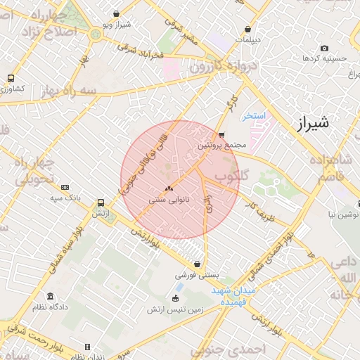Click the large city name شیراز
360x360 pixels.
coord(309,125)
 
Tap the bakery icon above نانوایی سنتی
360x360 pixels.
coord(168,188)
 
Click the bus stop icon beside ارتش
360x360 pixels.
coord(102,201)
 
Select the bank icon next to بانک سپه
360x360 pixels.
coord(65,187)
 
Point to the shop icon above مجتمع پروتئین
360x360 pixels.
coord(221,134)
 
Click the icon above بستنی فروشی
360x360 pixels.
coord(197,264)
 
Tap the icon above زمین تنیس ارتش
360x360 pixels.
coord(175,297)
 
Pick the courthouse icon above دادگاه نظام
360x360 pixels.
coord(49,296)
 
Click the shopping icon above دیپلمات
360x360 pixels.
coord(247,29)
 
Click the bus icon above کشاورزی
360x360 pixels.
coord(11,78)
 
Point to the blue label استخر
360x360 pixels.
coord(254,115)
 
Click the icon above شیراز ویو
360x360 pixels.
coord(116,13)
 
